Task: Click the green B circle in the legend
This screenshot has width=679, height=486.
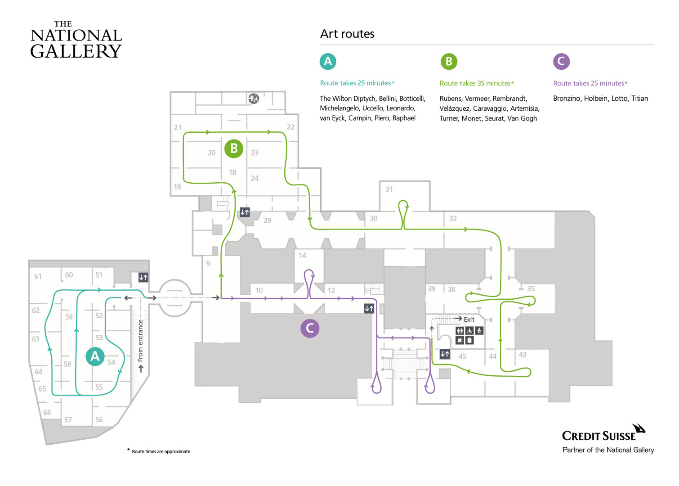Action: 449,62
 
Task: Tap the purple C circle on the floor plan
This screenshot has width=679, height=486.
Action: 310,328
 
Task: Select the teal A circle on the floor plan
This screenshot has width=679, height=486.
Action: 95,356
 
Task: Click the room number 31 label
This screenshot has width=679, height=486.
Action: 389,189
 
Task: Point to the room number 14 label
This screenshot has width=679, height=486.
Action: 302,256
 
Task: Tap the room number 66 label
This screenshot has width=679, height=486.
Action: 47,413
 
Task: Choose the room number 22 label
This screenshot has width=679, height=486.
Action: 290,127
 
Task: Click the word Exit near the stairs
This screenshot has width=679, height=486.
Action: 469,319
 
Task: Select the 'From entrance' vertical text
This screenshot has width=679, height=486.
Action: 140,340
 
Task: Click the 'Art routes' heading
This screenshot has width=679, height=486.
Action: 347,34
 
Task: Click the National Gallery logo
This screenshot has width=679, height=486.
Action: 76,40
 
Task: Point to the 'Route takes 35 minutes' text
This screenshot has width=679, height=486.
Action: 475,83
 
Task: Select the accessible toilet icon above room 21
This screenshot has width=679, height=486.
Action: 254,99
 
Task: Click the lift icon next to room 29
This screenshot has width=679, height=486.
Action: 245,212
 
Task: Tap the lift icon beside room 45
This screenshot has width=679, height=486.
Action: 445,354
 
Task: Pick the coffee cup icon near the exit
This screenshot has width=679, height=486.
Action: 460,340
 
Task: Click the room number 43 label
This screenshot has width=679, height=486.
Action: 522,354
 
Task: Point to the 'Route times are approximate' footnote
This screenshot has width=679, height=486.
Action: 161,451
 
